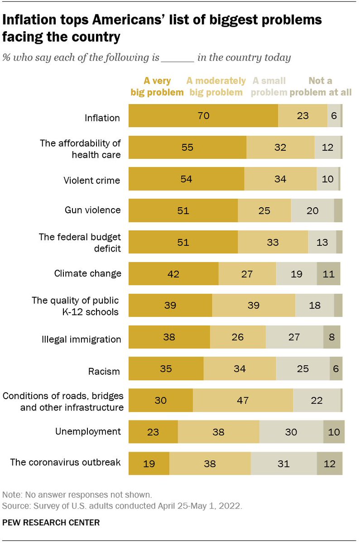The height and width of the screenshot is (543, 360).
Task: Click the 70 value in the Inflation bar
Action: [x=203, y=115]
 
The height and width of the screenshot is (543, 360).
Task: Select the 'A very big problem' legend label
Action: [x=157, y=86]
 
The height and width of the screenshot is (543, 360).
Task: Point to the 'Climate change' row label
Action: [x=87, y=273]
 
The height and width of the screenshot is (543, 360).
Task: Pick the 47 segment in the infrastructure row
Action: [x=243, y=400]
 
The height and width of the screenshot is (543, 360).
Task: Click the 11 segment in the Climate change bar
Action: [x=328, y=273]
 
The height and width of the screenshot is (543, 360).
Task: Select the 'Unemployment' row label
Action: [x=88, y=431]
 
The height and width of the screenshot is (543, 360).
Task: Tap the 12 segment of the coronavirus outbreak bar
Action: [x=329, y=463]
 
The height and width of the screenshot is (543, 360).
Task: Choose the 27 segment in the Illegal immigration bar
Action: [x=294, y=337]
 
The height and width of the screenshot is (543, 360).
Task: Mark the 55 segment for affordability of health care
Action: [x=187, y=147]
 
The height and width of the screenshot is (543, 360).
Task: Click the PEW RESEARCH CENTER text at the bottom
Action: [x=51, y=522]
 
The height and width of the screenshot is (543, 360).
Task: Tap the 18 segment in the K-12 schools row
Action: [x=314, y=305]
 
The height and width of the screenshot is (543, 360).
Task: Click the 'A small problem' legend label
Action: [x=269, y=86]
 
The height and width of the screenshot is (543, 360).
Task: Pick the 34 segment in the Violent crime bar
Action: [x=280, y=179]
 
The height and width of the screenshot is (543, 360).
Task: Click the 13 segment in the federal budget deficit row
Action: [x=322, y=242]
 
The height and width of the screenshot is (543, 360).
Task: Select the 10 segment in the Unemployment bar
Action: [x=334, y=432]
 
